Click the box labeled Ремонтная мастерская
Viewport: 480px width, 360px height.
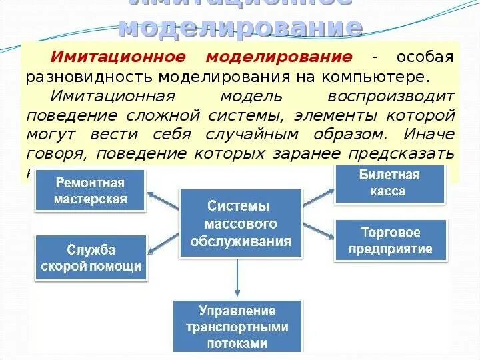(91, 190)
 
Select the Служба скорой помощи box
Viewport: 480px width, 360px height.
(91, 258)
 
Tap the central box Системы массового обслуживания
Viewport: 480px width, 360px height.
(239, 223)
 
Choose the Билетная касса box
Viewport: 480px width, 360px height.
(390, 183)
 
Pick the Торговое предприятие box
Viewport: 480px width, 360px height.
(391, 241)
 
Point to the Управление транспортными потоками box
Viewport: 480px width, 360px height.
(237, 327)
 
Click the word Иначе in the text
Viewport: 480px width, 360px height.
(429, 133)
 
